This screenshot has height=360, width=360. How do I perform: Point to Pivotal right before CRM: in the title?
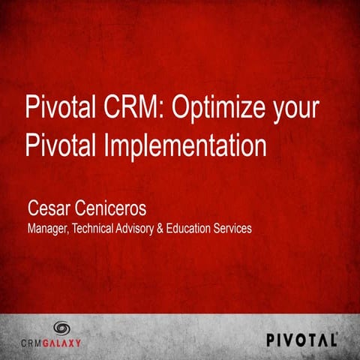60,106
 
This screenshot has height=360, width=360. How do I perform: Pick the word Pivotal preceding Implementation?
60,142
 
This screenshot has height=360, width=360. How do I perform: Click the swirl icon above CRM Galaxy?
61,328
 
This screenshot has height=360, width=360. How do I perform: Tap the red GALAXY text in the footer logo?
73,343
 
